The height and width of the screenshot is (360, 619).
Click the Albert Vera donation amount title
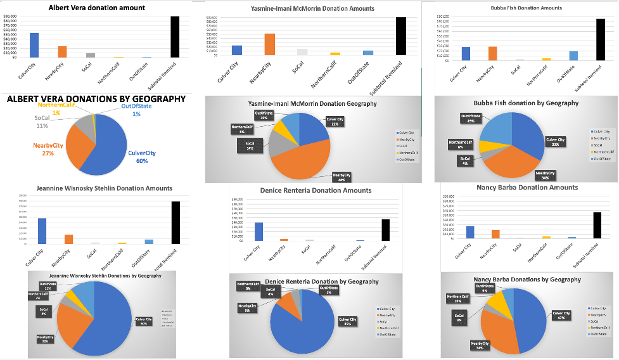[x=97, y=8]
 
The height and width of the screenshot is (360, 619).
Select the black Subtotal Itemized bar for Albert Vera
[x=175, y=37]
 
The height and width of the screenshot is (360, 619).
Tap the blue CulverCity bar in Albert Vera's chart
[x=34, y=45]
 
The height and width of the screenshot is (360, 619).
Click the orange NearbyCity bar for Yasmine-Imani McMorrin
[x=269, y=44]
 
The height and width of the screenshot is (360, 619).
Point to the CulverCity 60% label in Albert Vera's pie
[x=142, y=157]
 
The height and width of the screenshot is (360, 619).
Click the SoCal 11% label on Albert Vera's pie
[x=42, y=122]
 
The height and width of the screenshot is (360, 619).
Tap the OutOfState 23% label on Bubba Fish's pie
[x=471, y=119]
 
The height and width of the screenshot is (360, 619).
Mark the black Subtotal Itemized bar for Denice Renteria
[x=385, y=229]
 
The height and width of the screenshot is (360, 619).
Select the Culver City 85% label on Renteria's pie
[x=348, y=321]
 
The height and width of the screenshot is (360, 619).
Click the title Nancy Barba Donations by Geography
[x=527, y=280]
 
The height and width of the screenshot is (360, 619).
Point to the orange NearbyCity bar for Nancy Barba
[x=495, y=234]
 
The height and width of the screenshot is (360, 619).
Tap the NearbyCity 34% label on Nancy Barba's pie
[x=481, y=345]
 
